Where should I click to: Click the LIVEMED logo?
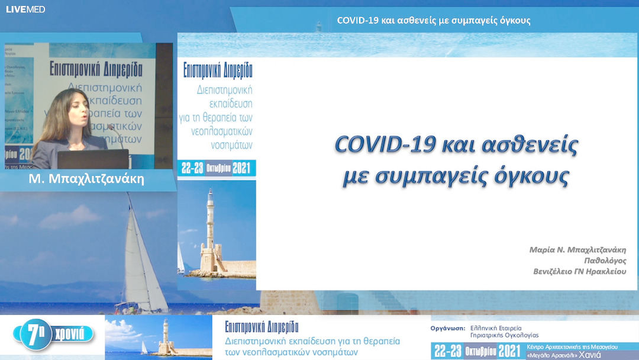tap(25, 9)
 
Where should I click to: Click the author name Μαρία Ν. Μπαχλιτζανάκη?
tap(577, 250)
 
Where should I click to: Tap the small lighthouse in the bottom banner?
tap(165, 337)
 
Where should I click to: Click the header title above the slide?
tap(434, 21)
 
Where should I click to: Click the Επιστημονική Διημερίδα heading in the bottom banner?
tap(262, 327)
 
